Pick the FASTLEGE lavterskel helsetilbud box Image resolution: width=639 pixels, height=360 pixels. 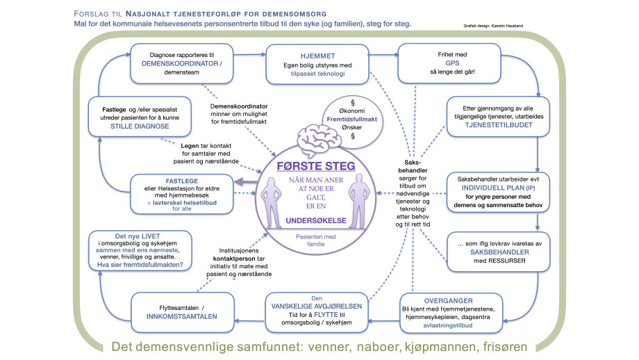(177, 194)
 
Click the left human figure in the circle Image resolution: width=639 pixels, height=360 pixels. (274, 201)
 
